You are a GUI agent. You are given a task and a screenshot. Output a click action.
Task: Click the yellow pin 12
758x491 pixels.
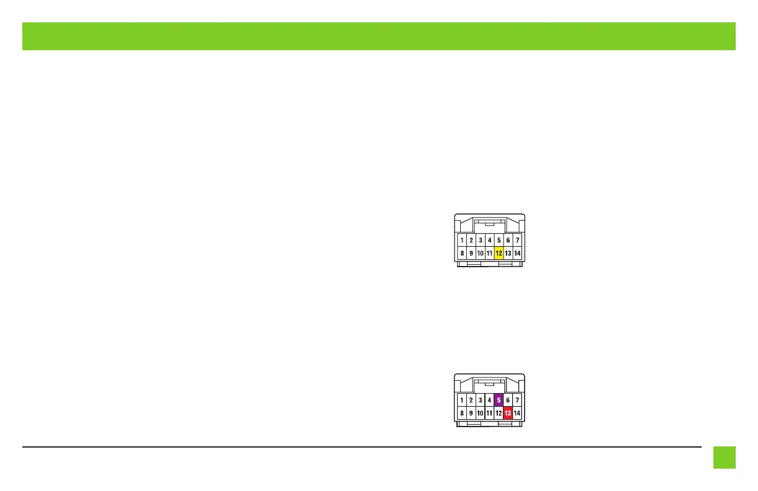(499, 253)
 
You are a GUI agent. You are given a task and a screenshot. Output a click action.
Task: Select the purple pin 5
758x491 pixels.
(499, 400)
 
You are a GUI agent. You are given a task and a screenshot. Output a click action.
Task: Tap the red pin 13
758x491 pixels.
(508, 413)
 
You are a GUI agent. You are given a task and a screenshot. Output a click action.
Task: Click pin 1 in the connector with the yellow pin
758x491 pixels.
(462, 240)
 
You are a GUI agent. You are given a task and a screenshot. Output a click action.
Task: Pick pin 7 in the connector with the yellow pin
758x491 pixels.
(517, 240)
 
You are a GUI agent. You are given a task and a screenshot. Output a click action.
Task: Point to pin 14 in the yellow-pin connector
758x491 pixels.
(517, 253)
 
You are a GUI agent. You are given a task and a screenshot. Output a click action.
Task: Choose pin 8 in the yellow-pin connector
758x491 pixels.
(462, 253)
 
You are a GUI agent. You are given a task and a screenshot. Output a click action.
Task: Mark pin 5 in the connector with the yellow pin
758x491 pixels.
(499, 240)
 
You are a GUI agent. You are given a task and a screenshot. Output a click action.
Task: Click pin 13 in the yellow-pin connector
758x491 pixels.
(508, 253)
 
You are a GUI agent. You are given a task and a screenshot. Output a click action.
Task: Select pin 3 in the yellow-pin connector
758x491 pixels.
(480, 240)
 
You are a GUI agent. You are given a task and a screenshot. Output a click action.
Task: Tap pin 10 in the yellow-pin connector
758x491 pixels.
(480, 253)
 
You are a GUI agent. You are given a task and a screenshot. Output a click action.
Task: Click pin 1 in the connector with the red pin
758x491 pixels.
(462, 400)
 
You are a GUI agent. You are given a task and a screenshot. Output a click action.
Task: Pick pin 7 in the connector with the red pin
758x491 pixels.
(517, 400)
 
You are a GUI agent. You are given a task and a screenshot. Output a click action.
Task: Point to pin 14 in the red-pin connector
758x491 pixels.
(517, 413)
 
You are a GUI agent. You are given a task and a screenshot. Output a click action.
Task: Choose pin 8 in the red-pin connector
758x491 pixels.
(462, 413)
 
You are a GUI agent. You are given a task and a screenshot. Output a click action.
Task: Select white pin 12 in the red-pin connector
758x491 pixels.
(499, 413)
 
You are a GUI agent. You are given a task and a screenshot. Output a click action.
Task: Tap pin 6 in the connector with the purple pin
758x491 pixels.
(508, 400)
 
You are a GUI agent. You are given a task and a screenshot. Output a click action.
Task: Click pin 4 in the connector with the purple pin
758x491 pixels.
(489, 400)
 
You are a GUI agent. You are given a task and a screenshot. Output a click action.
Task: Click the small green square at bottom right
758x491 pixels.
(724, 458)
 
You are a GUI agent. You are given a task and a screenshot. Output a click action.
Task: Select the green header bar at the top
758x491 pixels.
(378, 36)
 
